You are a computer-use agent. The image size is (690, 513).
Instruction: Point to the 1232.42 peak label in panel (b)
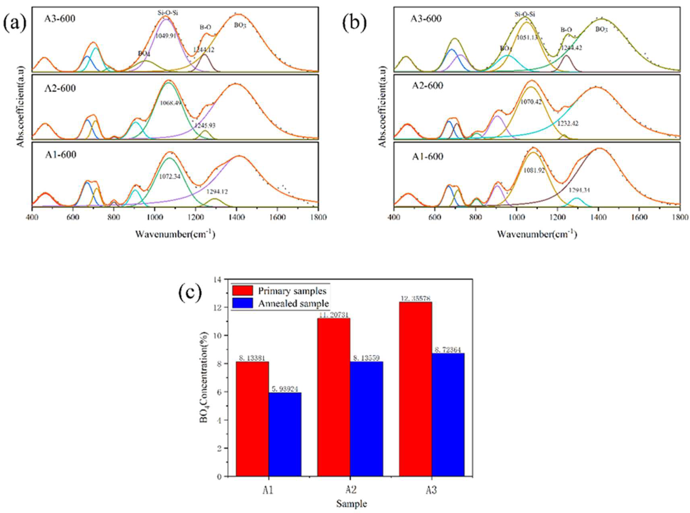click(568, 124)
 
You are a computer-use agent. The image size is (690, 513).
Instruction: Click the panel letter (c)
click(190, 292)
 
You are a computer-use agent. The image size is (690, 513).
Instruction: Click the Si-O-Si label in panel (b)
click(525, 14)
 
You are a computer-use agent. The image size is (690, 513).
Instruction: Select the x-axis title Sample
click(351, 503)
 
